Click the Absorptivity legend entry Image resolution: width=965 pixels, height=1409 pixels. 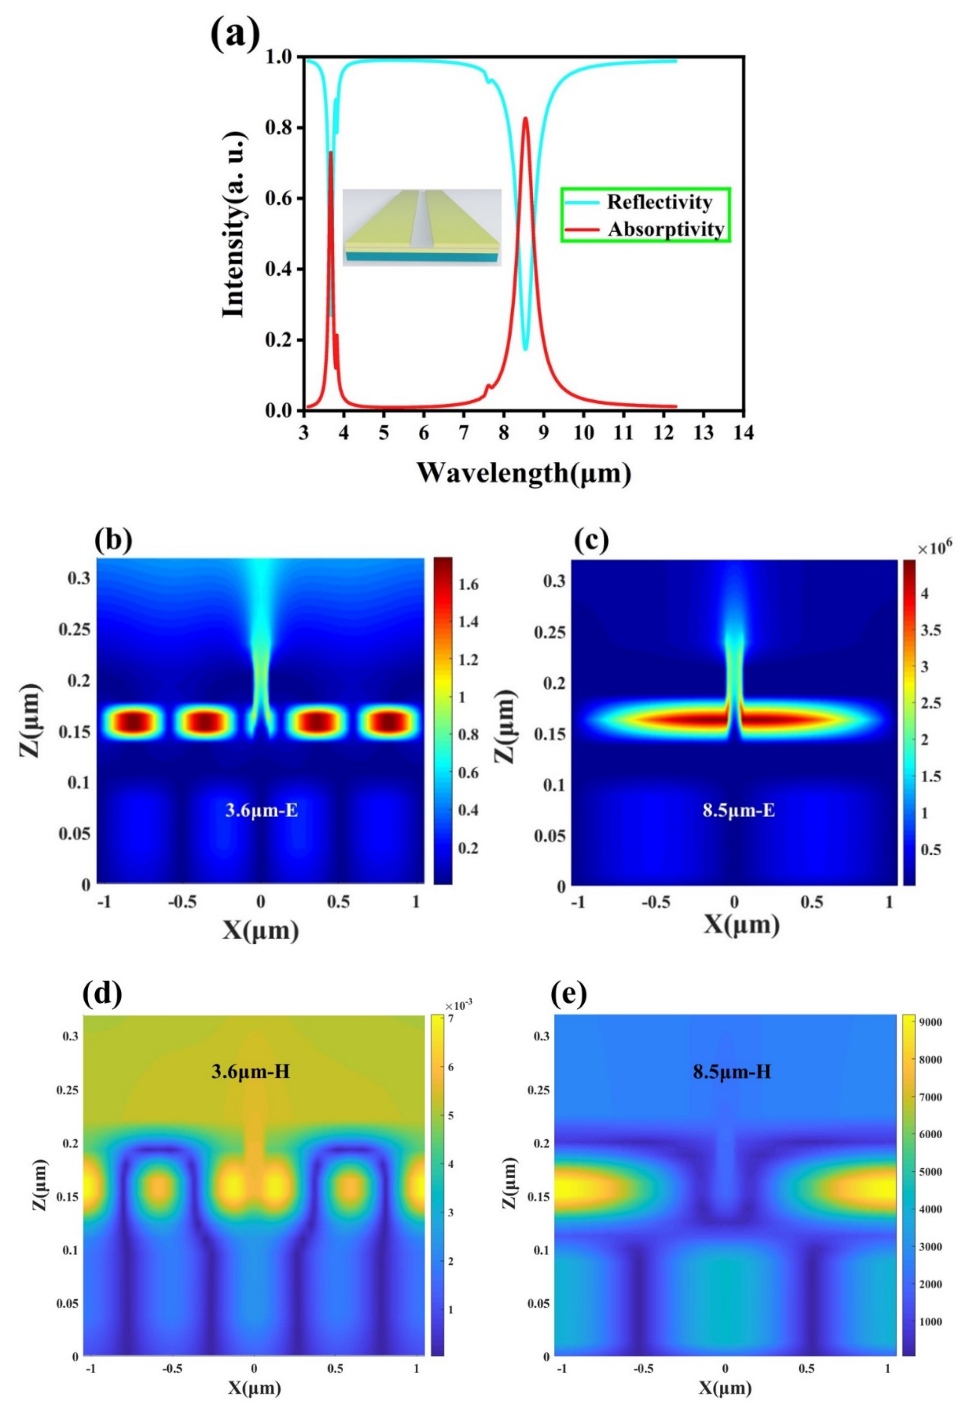(665, 229)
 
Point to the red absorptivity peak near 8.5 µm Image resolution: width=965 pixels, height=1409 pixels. (525, 119)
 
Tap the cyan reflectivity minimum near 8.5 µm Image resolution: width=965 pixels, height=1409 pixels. (525, 349)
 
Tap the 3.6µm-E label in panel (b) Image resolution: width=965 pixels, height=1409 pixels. (262, 810)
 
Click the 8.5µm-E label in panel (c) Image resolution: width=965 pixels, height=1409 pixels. (738, 810)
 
